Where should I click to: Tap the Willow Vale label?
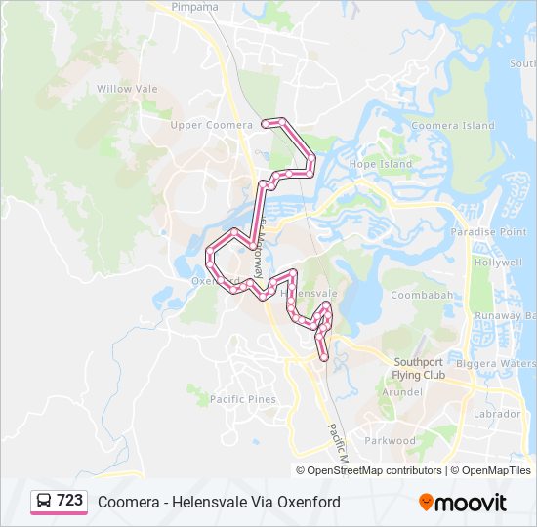(127, 88)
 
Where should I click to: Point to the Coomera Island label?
(452, 126)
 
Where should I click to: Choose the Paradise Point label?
(489, 232)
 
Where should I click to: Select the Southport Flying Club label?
(418, 368)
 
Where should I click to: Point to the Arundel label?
(402, 391)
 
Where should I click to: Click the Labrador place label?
(497, 414)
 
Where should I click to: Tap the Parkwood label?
(390, 440)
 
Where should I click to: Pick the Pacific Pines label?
(242, 399)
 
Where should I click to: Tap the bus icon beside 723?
(44, 501)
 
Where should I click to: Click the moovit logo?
(463, 503)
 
